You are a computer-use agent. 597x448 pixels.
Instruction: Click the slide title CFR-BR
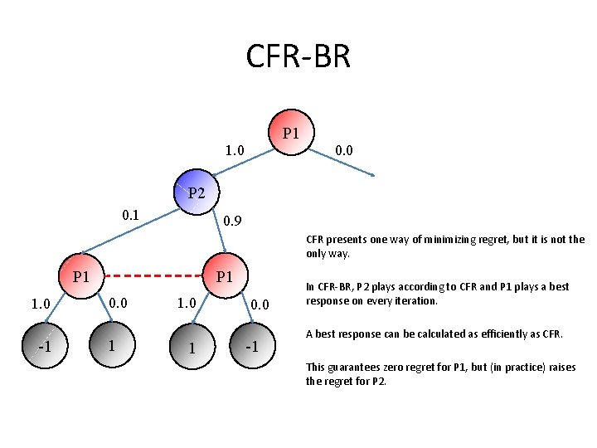coord(298,56)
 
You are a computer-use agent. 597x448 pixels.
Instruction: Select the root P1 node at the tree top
coord(291,133)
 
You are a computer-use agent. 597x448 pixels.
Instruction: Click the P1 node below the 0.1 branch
coord(81,276)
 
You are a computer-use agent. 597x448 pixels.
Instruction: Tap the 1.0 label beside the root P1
coord(235,150)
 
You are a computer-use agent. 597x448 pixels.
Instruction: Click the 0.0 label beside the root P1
coord(344,150)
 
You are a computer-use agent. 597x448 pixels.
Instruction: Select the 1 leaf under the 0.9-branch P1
coord(191,348)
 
